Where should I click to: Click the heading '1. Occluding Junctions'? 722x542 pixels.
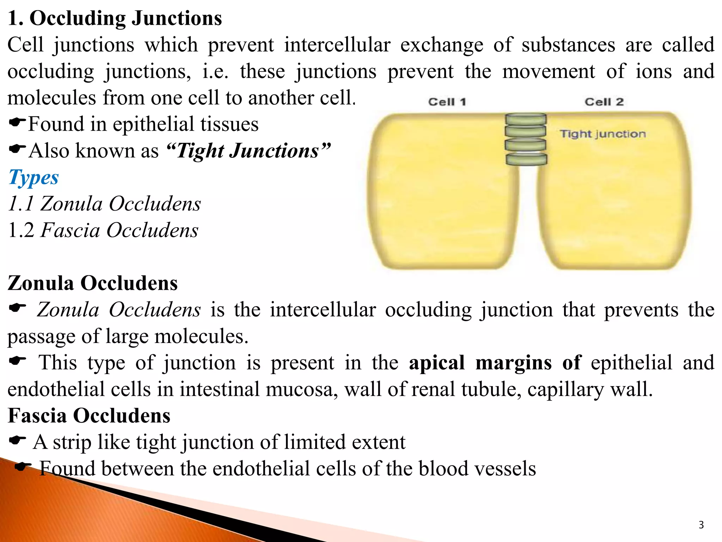tap(115, 18)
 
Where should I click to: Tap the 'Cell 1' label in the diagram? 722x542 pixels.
tap(447, 102)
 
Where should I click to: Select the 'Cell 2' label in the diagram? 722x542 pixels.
tap(604, 102)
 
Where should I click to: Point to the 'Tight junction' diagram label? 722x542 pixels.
tap(603, 134)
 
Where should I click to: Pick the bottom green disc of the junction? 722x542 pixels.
tap(526, 159)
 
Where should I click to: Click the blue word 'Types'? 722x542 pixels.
tap(33, 177)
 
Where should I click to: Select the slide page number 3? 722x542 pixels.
tap(701, 525)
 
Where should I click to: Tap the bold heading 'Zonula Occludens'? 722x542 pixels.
tap(92, 283)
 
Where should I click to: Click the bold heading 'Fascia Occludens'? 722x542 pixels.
tap(89, 416)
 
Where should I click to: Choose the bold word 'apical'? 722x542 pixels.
tap(436, 363)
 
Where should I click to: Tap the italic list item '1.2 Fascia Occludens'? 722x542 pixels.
tap(103, 230)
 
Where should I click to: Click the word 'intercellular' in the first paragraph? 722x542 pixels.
tap(337, 45)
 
